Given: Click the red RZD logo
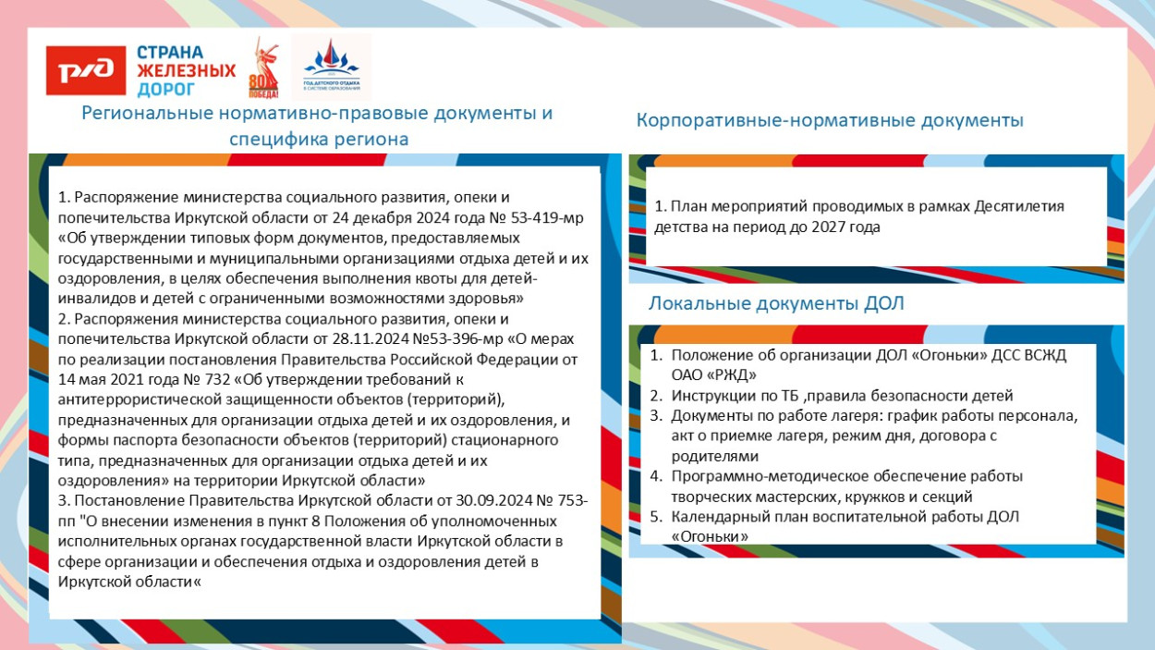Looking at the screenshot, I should [x=86, y=71].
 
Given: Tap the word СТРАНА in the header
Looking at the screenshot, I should [x=171, y=53].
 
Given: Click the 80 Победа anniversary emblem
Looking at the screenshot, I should [x=263, y=69].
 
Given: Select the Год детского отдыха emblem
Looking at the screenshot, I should [x=331, y=67].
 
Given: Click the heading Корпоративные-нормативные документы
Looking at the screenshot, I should [x=830, y=120].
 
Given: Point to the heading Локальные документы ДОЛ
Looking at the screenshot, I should [x=776, y=303].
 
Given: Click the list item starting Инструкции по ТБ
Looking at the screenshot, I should [x=842, y=395].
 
